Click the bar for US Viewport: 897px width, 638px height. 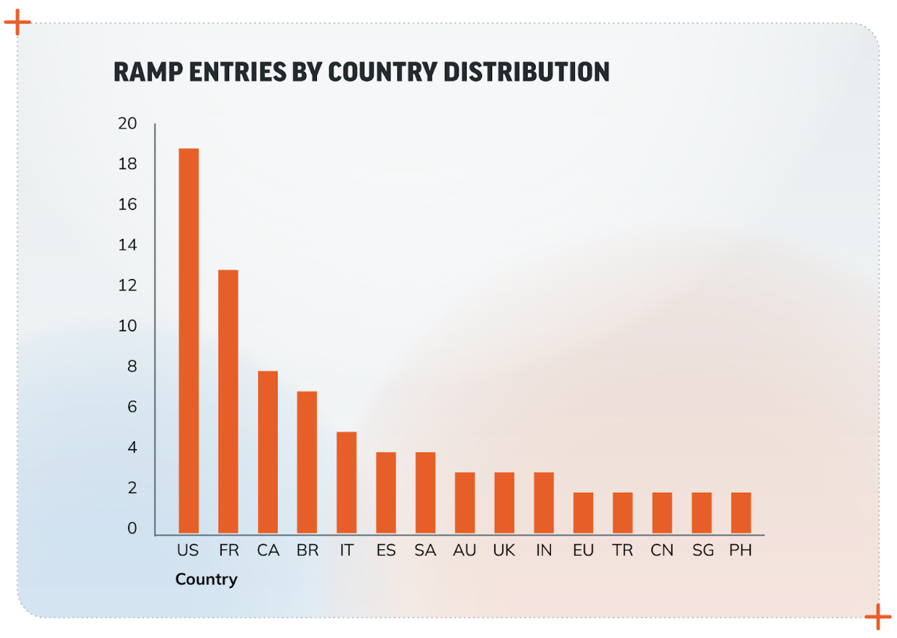tap(188, 342)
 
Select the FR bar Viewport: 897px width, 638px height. tap(228, 402)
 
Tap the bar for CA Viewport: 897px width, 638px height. tap(268, 453)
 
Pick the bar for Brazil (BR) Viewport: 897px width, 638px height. tap(307, 463)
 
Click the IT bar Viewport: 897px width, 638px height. tap(346, 483)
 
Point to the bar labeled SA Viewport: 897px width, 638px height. tap(425, 493)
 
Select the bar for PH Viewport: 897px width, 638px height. tap(741, 514)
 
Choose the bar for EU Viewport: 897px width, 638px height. tap(583, 514)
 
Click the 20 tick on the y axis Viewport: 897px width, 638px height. tap(127, 124)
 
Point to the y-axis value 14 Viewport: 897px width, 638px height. tap(127, 246)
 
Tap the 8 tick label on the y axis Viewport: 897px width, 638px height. tap(132, 367)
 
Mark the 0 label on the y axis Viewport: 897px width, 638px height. tap(132, 529)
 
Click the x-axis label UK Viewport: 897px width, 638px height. tap(504, 551)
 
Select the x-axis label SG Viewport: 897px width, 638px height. tap(702, 551)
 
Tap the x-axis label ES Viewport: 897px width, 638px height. tap(386, 551)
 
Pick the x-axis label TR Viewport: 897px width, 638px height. tap(623, 551)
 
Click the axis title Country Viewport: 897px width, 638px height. tap(206, 580)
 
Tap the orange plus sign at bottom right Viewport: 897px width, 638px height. tap(877, 617)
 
